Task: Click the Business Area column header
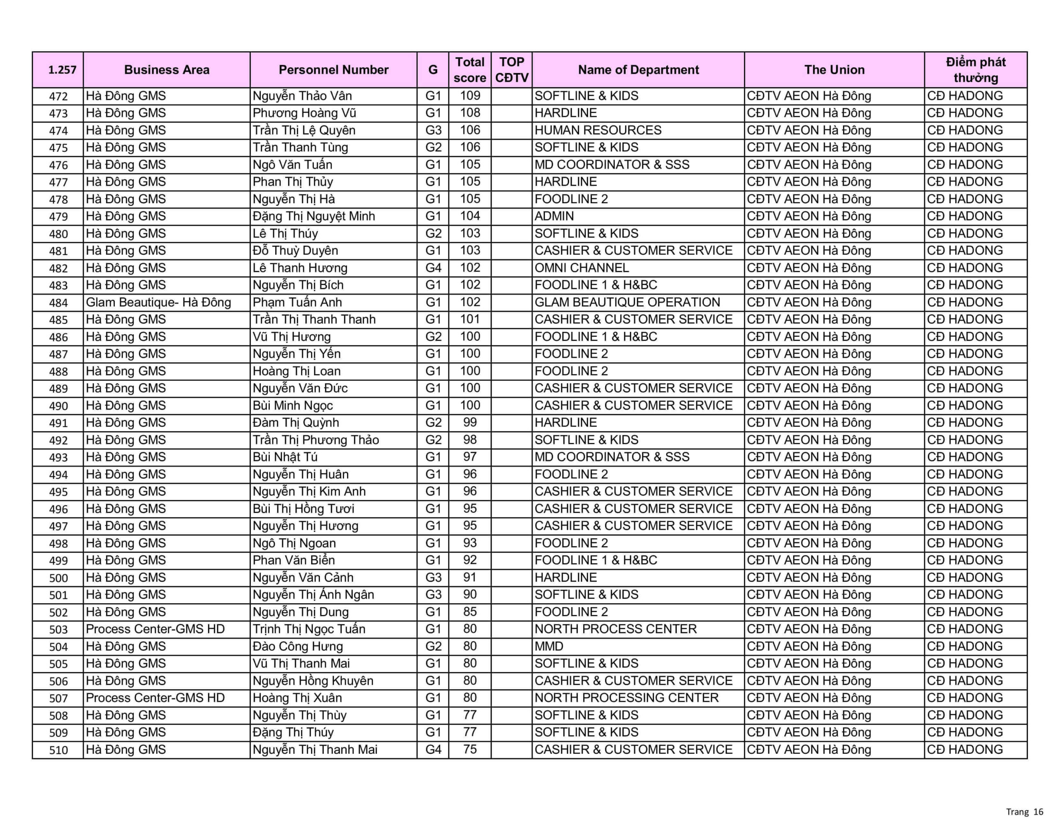pyautogui.click(x=167, y=70)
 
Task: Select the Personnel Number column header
pyautogui.click(x=333, y=70)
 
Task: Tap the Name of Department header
pyautogui.click(x=638, y=70)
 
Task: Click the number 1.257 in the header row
pyautogui.click(x=62, y=70)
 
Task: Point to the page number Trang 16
pyautogui.click(x=1025, y=812)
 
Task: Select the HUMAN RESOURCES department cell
pyautogui.click(x=598, y=130)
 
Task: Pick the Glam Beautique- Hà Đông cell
pyautogui.click(x=158, y=302)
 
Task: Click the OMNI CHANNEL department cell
pyautogui.click(x=581, y=268)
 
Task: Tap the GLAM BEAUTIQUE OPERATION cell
pyautogui.click(x=627, y=302)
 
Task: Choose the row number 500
pyautogui.click(x=58, y=578)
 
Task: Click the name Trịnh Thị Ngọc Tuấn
pyautogui.click(x=308, y=629)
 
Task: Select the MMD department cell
pyautogui.click(x=549, y=646)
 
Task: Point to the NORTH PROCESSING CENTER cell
pyautogui.click(x=626, y=698)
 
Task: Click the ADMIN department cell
pyautogui.click(x=554, y=216)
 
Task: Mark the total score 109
pyautogui.click(x=470, y=96)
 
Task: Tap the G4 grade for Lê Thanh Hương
pyautogui.click(x=433, y=268)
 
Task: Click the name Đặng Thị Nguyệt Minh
pyautogui.click(x=313, y=216)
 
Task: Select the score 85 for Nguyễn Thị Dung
pyautogui.click(x=470, y=612)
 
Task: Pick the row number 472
pyautogui.click(x=58, y=96)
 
